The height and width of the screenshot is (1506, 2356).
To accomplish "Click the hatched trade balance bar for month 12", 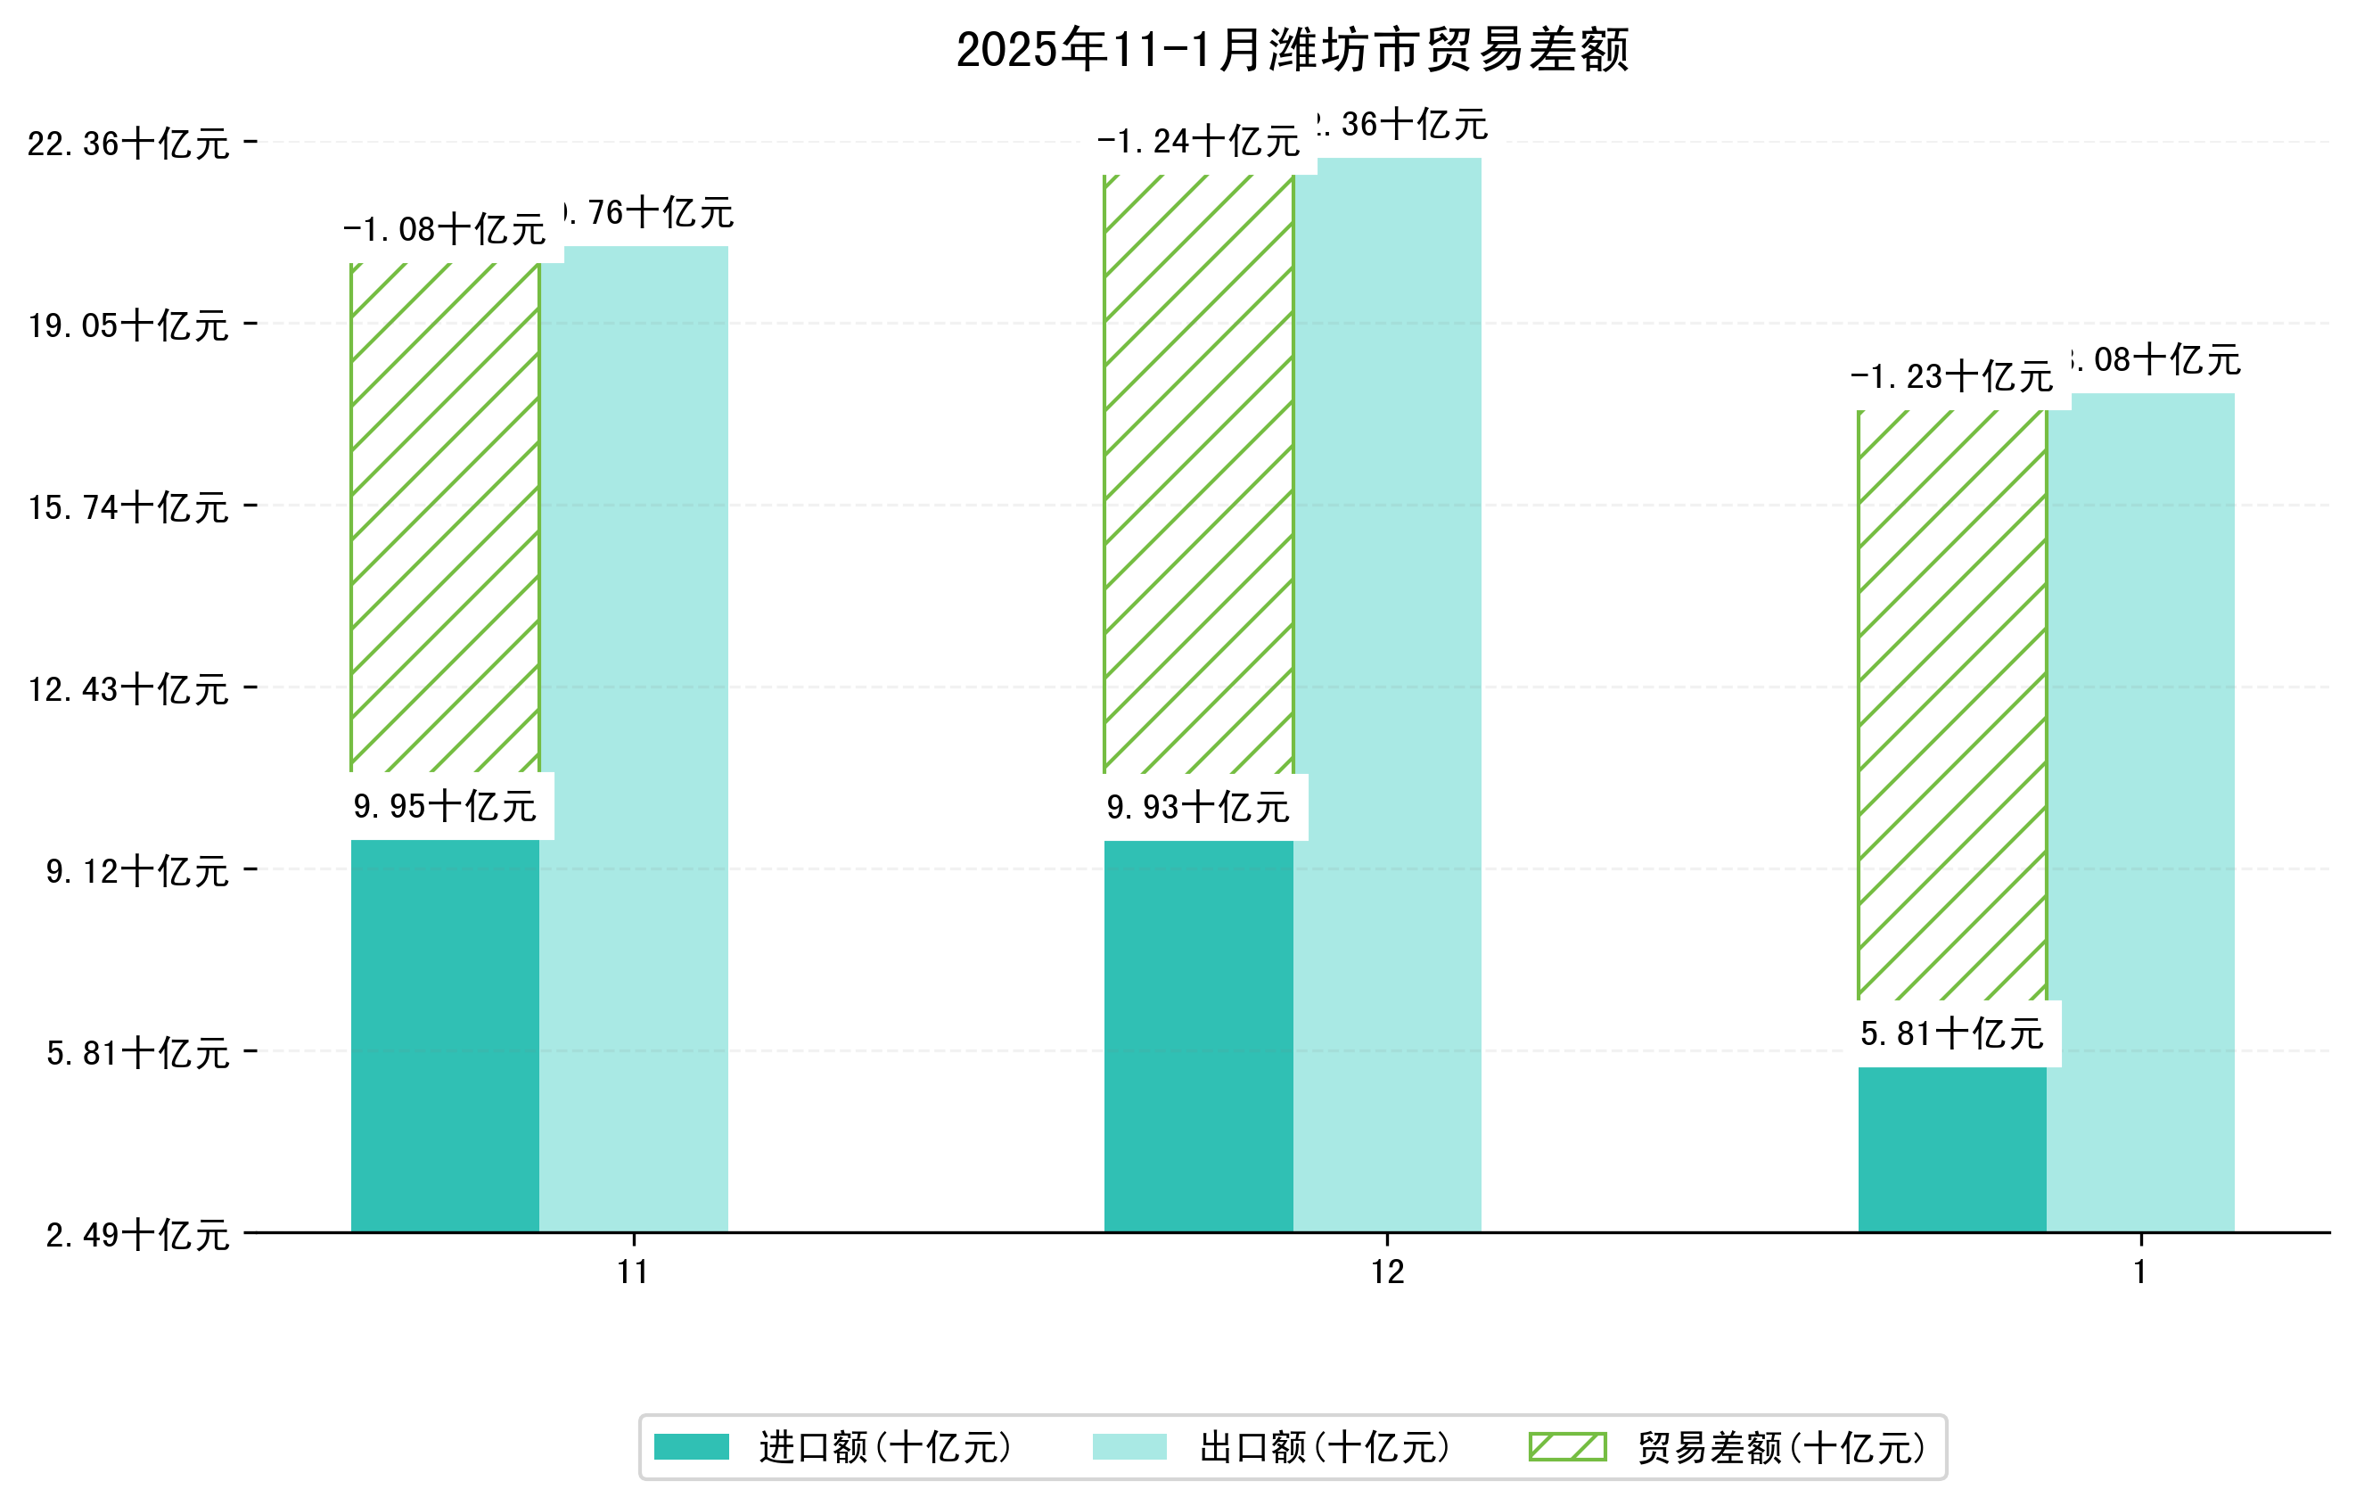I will coord(1199,474).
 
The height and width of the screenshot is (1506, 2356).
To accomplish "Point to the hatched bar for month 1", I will coord(1952,704).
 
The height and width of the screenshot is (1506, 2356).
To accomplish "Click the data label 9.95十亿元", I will coord(445,806).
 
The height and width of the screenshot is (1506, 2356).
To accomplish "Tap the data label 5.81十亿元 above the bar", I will coord(1952,1033).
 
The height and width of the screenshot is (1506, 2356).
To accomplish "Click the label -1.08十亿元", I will coord(445,229).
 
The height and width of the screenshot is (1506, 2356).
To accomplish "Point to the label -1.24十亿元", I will coord(1199,141).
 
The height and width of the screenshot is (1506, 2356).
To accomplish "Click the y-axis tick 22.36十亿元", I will coord(128,144).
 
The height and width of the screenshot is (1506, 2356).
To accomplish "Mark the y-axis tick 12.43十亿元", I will coord(128,689).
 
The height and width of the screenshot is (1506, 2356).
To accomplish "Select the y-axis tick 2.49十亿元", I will coord(138,1235).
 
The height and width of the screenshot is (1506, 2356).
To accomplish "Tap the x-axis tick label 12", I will coord(1387,1272).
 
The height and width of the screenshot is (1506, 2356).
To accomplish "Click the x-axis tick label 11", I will coord(633,1272).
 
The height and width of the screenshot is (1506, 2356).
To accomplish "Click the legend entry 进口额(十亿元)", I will coord(885,1447).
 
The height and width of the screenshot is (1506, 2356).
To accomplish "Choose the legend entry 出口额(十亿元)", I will coord(1325,1447).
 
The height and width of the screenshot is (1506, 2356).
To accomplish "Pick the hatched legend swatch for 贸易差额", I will coord(1567,1446).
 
